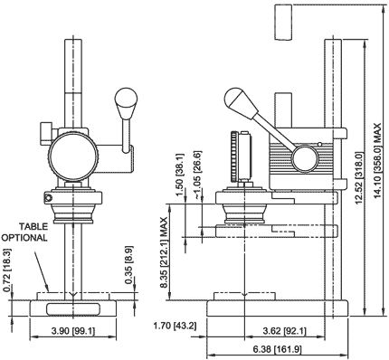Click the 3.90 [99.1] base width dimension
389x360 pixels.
coord(73,331)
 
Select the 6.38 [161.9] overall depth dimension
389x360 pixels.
coord(277,349)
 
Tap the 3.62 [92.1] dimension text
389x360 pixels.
coord(284,331)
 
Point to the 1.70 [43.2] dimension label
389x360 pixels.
coord(175,326)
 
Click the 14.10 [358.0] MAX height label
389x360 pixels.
coord(377,161)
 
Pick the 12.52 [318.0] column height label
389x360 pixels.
coord(359,178)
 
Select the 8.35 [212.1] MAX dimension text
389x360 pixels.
coord(164,252)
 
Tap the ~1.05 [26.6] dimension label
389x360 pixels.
coord(197,175)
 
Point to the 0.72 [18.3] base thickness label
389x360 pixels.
coord(7,270)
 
